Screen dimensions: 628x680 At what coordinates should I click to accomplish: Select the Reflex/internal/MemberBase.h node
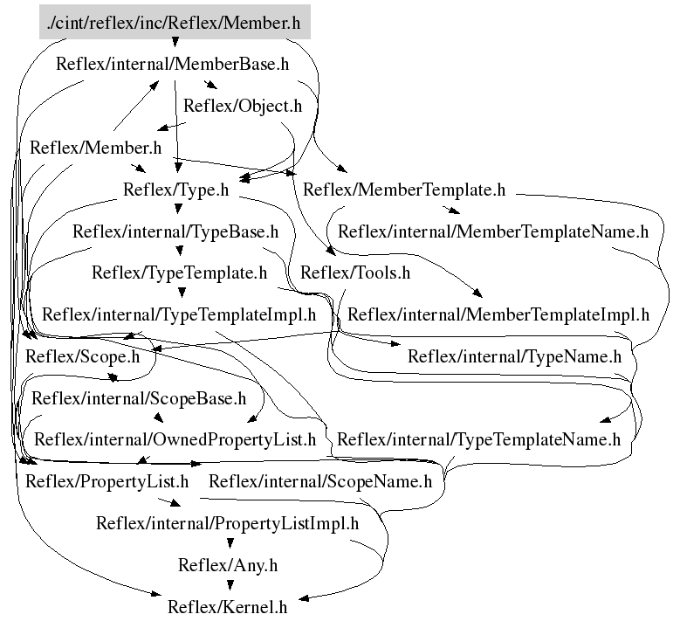pos(172,64)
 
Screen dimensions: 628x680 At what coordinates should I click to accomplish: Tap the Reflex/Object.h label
pos(242,106)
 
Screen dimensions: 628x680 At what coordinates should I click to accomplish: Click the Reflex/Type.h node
pos(175,190)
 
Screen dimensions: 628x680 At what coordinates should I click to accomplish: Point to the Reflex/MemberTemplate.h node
pos(404,190)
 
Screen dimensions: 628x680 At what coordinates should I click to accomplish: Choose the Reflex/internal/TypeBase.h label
pos(175,231)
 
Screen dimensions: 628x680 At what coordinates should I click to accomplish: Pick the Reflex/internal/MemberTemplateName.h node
pos(493,231)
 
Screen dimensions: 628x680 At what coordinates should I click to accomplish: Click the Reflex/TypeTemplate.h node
pos(179,273)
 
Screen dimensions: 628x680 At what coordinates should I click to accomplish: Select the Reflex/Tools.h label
pos(354,273)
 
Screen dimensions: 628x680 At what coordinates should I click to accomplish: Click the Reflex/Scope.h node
pos(82,355)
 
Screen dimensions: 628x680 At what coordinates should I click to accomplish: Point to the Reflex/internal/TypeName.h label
pos(514,355)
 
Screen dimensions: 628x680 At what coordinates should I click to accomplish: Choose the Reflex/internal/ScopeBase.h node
pos(139,398)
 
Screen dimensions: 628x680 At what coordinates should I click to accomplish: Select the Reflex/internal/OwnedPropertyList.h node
pos(175,439)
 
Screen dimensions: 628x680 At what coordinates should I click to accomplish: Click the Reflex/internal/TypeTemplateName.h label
pos(478,439)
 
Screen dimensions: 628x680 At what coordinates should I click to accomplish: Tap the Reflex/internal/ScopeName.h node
pos(320,481)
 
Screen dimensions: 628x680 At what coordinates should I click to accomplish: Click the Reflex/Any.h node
pos(227,565)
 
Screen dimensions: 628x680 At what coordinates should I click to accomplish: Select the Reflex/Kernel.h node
pos(227,606)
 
